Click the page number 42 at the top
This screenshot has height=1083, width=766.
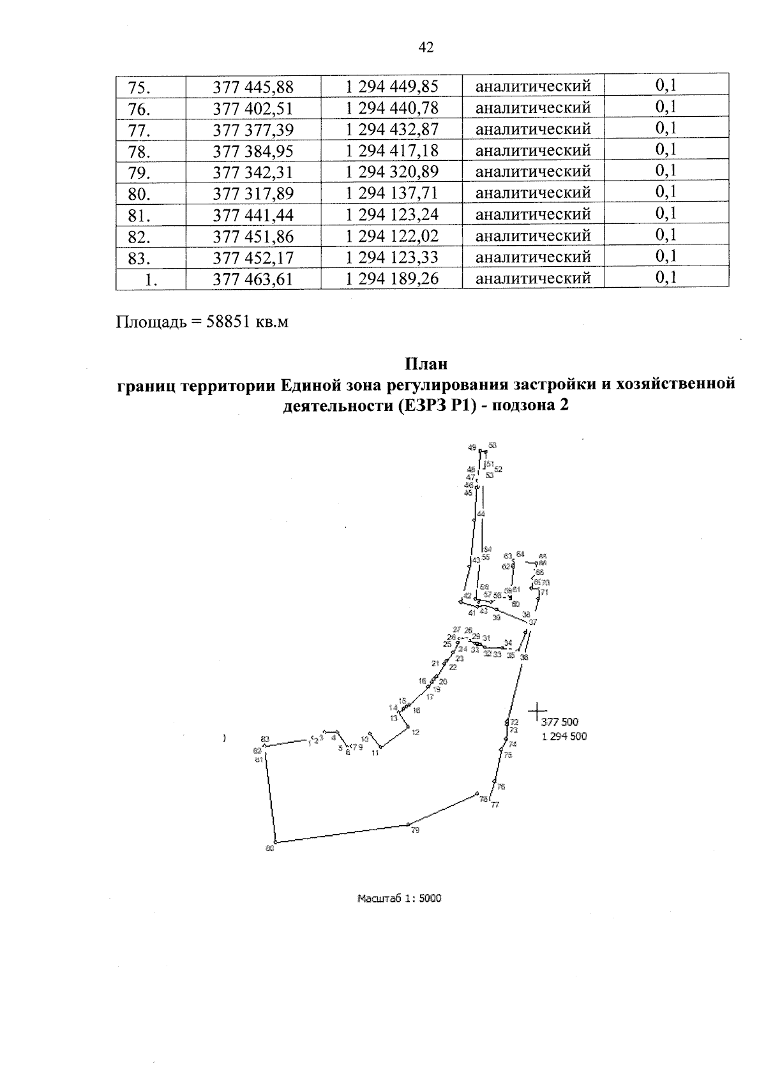tap(426, 47)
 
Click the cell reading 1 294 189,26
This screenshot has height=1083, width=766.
tap(392, 279)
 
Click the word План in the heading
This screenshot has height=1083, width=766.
tap(426, 364)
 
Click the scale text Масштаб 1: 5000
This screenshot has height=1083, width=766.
tap(400, 899)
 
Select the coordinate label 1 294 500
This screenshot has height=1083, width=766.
tap(564, 736)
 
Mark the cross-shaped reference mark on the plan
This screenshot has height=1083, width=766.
tap(537, 710)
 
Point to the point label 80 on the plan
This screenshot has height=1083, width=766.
tap(269, 848)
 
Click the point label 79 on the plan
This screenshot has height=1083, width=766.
tap(416, 830)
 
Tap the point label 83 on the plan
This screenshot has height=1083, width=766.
tap(265, 739)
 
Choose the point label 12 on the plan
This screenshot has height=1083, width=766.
tap(416, 733)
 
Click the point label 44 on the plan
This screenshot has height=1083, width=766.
tap(481, 514)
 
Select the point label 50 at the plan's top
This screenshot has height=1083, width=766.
tap(492, 445)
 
